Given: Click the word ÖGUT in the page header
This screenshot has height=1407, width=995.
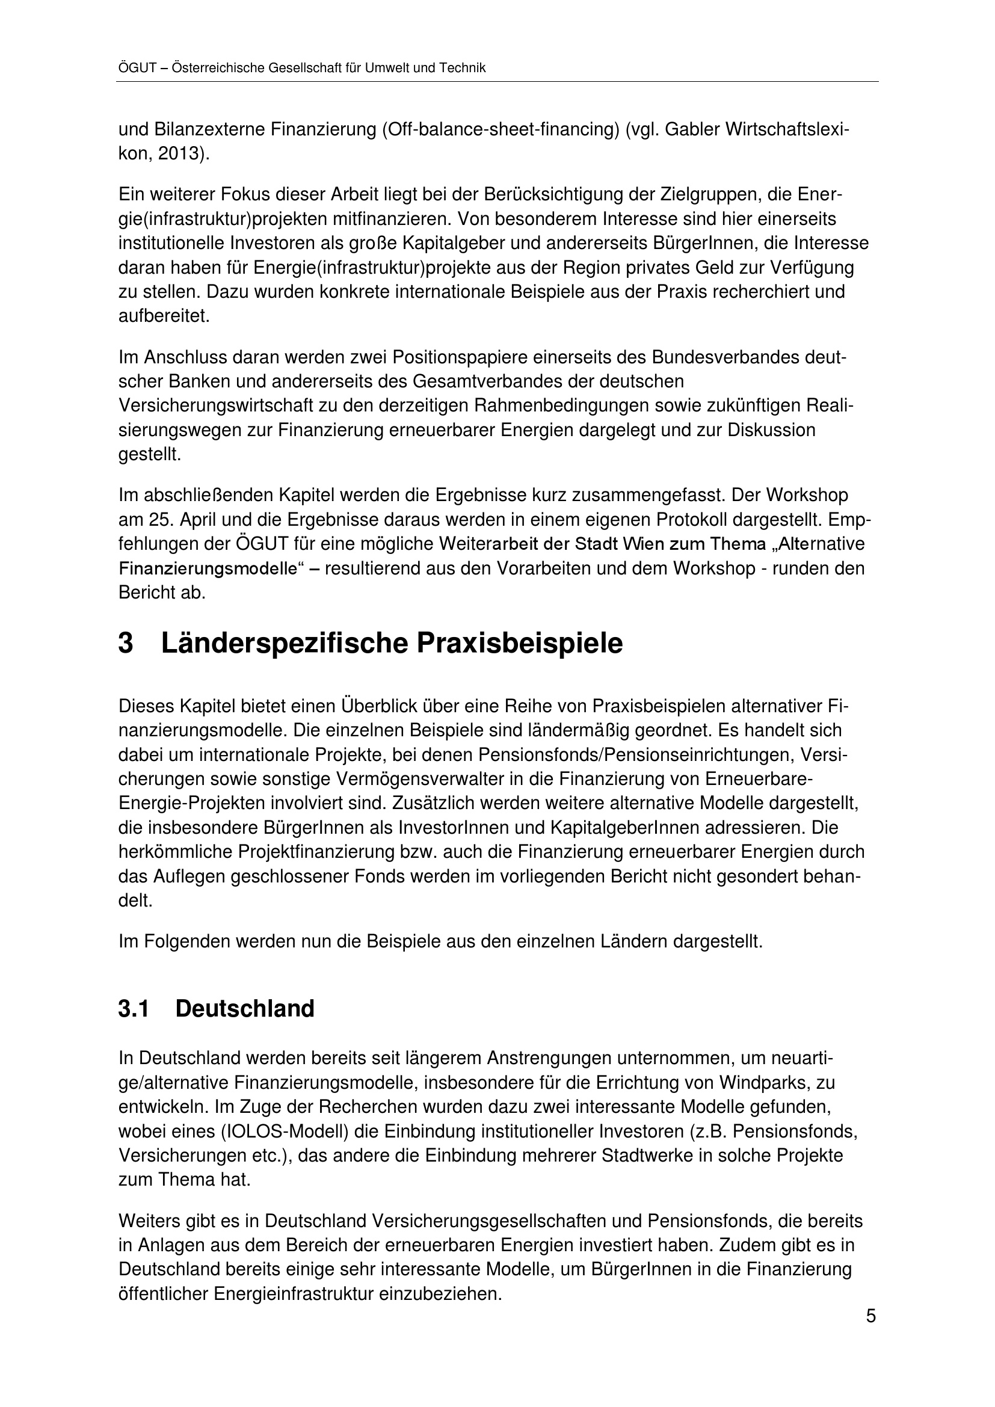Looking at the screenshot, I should [137, 68].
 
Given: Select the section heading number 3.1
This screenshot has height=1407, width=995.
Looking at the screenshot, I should [134, 1009].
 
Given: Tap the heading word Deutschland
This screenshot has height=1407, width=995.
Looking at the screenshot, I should [244, 1009].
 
